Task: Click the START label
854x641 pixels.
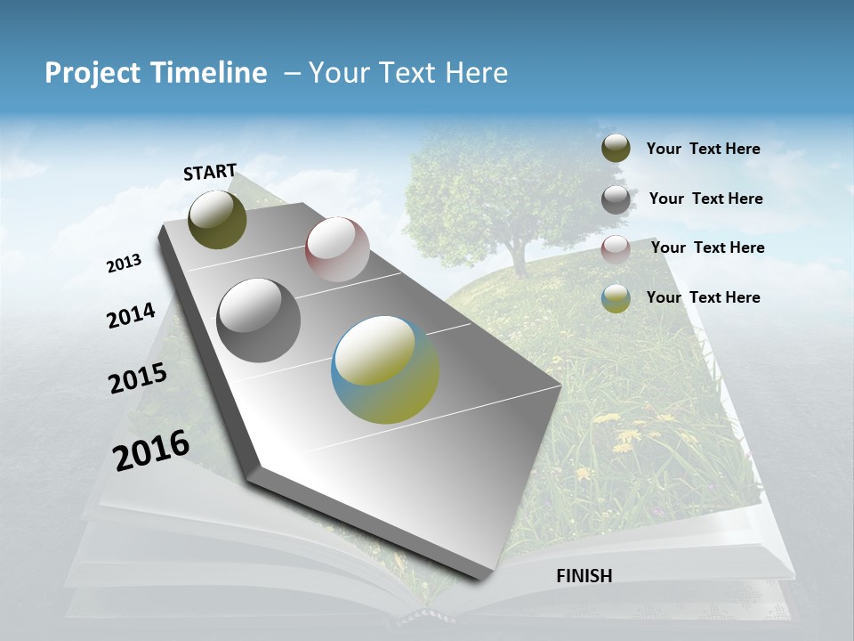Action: [x=210, y=172]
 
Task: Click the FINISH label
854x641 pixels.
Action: [x=584, y=576]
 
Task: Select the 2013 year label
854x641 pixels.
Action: [x=124, y=264]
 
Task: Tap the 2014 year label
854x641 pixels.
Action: [x=131, y=316]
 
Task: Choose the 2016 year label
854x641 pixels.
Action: [x=151, y=450]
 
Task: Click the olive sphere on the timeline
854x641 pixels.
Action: [x=217, y=219]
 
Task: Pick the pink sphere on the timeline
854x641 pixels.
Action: [x=337, y=249]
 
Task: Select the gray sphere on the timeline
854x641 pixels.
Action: [x=259, y=320]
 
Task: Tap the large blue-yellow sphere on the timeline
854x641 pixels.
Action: [x=385, y=369]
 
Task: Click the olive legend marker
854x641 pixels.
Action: [x=616, y=149]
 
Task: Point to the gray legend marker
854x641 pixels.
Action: [x=616, y=199]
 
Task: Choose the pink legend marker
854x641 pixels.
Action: [x=616, y=249]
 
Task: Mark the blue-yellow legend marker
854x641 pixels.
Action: [x=616, y=298]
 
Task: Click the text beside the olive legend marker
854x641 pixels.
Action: [x=704, y=149]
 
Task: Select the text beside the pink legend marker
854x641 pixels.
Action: [x=708, y=247]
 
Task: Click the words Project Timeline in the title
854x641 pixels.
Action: [x=156, y=73]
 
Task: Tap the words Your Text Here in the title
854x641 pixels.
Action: [x=408, y=73]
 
